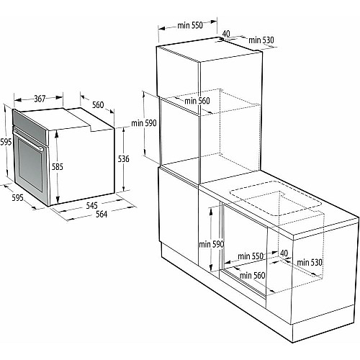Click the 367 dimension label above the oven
(40, 99)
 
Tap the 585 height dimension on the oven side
(58, 166)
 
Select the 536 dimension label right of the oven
(124, 158)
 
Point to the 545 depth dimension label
(92, 205)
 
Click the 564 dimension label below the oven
(102, 214)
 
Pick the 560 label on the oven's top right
(98, 104)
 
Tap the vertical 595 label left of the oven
(6, 142)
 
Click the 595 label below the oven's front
(17, 197)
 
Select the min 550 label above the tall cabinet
(190, 25)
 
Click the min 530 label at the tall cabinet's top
(261, 40)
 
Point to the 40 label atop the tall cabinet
(225, 34)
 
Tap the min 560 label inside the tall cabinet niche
(197, 101)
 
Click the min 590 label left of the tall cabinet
(144, 123)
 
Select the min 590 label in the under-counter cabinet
(211, 244)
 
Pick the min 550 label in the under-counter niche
(251, 256)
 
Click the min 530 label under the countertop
(310, 262)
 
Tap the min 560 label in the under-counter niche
(252, 275)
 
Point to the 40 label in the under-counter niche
(284, 253)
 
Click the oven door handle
(28, 138)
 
